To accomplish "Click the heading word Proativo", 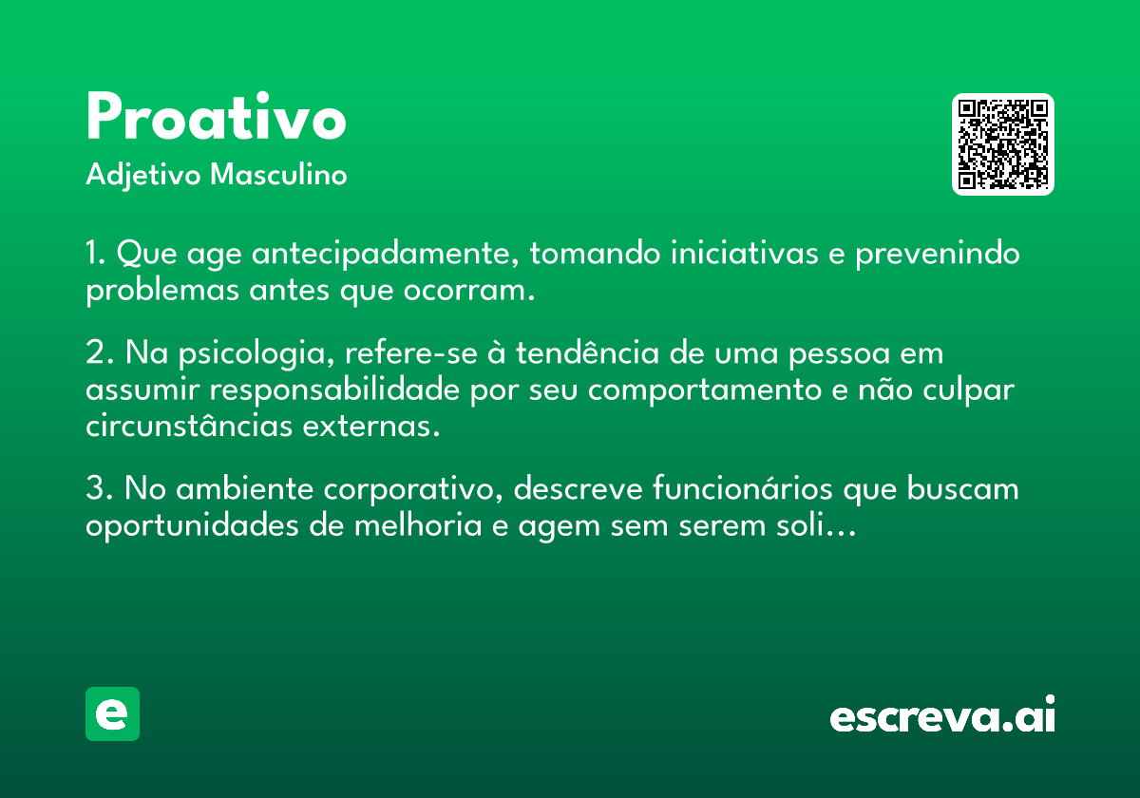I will tap(216, 119).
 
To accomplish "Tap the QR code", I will tap(1002, 144).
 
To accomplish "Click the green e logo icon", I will tap(112, 713).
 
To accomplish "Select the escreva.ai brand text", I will tap(941, 716).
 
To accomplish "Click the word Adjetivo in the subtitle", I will tap(142, 176).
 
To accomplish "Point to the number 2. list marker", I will tap(98, 353).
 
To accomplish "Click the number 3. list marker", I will tap(98, 489).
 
